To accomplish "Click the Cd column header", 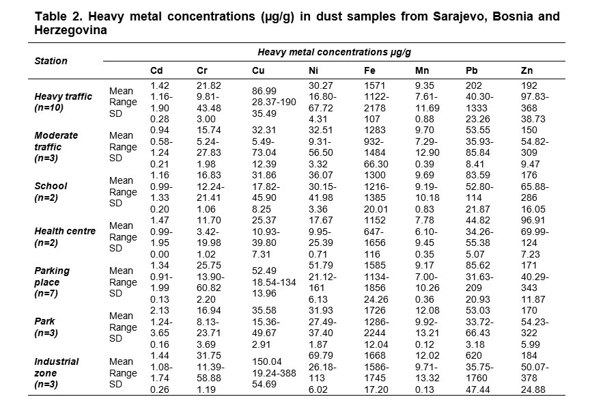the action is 156,70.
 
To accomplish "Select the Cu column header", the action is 258,70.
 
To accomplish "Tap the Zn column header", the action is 526,70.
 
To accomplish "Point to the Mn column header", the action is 422,70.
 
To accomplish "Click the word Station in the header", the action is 51,61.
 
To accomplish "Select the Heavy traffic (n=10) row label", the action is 64,102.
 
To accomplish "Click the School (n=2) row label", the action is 51,192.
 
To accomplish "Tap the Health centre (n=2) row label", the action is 65,237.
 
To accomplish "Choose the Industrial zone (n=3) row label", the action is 57,373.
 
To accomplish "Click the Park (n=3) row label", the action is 46,327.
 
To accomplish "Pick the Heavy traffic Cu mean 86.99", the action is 264,91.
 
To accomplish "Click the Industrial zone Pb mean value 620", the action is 474,355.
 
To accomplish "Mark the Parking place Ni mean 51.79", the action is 320,265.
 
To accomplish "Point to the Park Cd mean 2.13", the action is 160,310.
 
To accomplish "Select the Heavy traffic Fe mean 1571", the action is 375,85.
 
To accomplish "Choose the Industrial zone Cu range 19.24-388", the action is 274,373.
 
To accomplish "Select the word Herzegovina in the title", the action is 71,30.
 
